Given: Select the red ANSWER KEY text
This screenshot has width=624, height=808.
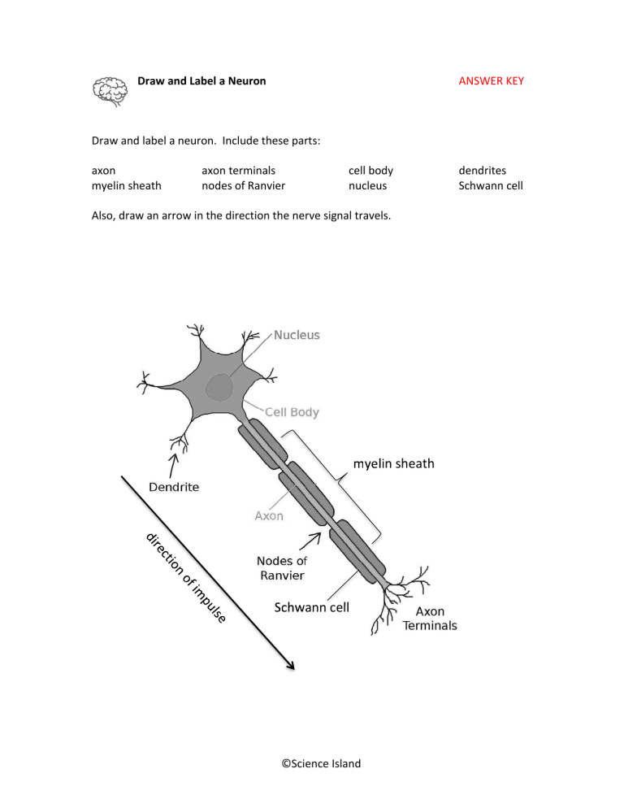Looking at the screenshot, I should click(491, 82).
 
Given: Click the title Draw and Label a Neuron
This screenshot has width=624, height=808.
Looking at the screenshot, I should click(201, 82).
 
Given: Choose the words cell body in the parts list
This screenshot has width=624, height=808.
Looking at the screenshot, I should click(370, 171).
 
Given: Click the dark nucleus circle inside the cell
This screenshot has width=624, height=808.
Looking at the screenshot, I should click(219, 385).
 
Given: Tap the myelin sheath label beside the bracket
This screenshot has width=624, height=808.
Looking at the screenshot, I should click(393, 464).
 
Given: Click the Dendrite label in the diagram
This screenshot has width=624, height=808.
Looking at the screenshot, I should click(173, 487).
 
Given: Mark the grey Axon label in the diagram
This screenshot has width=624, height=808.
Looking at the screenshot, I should click(269, 515).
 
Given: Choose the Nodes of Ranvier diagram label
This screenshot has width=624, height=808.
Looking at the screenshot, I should click(281, 567).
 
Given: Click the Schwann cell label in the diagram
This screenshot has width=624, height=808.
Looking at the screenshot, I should click(311, 607).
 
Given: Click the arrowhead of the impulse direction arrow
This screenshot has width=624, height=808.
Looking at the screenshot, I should click(288, 666).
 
